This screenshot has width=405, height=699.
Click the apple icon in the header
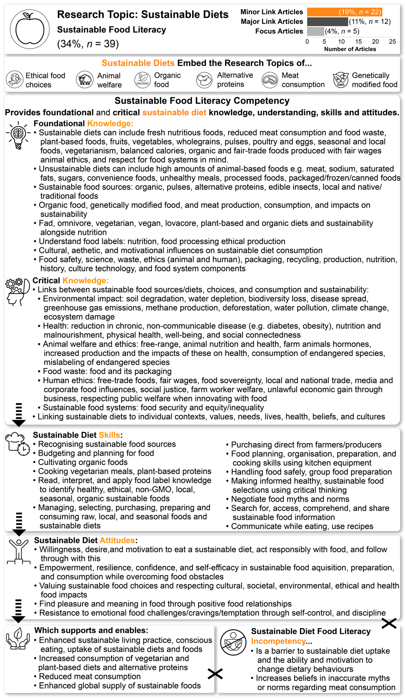pos(30,29)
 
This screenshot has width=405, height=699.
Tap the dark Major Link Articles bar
pos(327,22)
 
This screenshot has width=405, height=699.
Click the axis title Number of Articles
pos(350,49)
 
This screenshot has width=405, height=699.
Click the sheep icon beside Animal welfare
pos(85,80)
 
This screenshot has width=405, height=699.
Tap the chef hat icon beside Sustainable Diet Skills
pos(17,444)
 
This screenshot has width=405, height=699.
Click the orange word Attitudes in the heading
pos(117,540)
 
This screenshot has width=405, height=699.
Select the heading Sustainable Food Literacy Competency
pos(202,101)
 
